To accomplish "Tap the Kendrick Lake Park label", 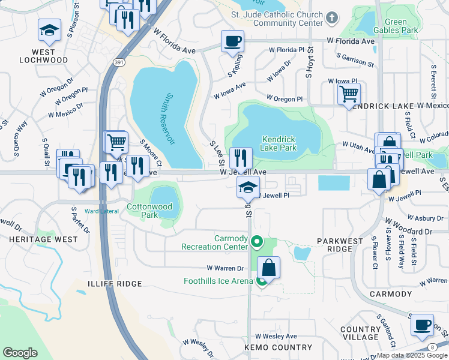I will (x=279, y=143).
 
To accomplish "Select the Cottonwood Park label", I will (x=149, y=211).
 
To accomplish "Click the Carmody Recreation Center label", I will (x=214, y=242).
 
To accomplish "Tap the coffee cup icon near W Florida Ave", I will (x=232, y=41).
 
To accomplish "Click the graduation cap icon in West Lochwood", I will (x=49, y=30).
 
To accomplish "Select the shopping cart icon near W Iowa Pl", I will (x=349, y=94).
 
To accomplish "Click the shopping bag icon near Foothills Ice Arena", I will (x=270, y=267).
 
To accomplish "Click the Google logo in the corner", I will (x=20, y=353).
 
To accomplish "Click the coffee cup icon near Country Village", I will (x=422, y=325).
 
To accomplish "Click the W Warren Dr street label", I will (x=225, y=268).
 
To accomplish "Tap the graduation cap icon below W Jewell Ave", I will (x=248, y=187).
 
